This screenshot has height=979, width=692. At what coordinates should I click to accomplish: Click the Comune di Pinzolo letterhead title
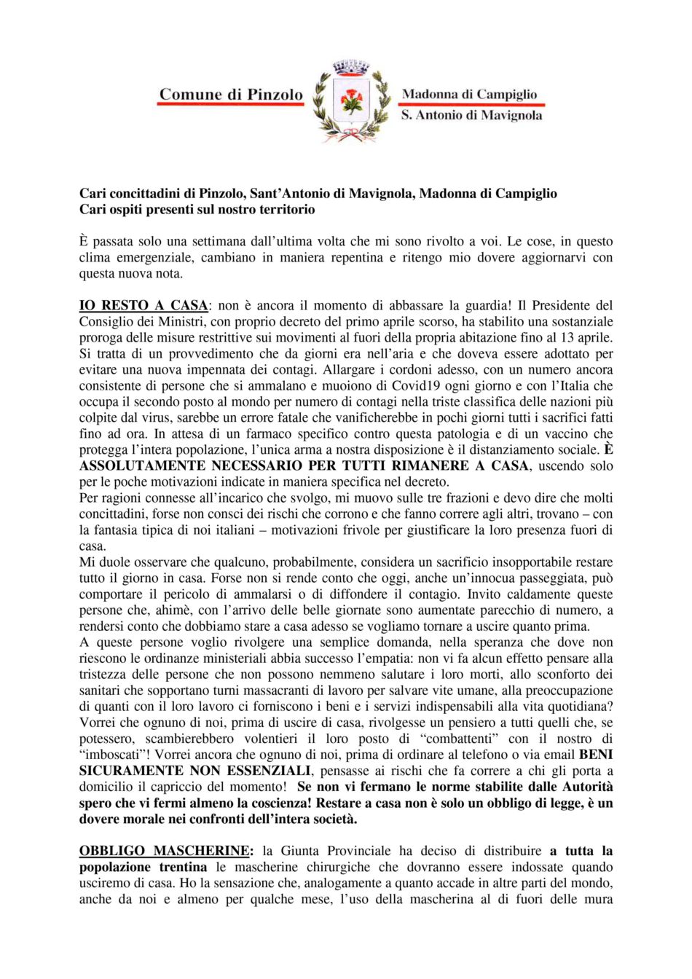click(230, 95)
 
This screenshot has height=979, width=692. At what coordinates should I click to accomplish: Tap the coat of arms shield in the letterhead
click(352, 102)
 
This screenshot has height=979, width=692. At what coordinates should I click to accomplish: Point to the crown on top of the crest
click(352, 68)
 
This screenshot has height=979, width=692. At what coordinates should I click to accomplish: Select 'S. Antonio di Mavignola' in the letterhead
click(471, 115)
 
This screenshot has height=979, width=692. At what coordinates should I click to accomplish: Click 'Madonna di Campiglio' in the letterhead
click(469, 94)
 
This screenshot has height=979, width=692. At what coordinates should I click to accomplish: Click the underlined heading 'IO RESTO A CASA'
click(143, 305)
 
